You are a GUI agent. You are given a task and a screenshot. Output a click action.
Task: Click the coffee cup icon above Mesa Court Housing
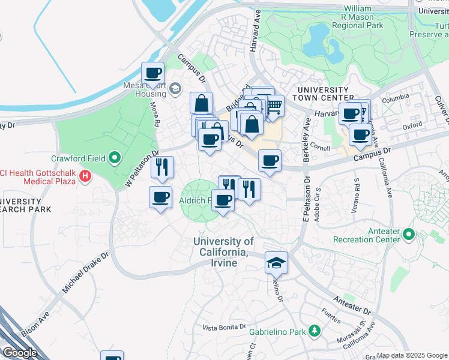[x=153, y=74]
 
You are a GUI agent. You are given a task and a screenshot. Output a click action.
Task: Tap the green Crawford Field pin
[x=115, y=159]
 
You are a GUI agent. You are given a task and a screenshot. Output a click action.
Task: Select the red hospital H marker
[x=86, y=176]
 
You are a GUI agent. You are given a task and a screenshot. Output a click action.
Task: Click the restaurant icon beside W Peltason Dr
[x=162, y=167]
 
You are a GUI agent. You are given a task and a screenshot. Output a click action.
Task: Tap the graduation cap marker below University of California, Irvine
[x=277, y=263]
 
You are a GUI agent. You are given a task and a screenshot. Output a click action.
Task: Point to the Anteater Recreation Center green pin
[x=409, y=233]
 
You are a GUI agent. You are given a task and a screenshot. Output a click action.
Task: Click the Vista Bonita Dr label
[x=224, y=327]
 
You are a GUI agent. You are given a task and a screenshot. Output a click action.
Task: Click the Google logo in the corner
[x=20, y=353]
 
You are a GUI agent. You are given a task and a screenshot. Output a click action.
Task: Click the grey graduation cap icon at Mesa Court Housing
[x=175, y=89]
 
